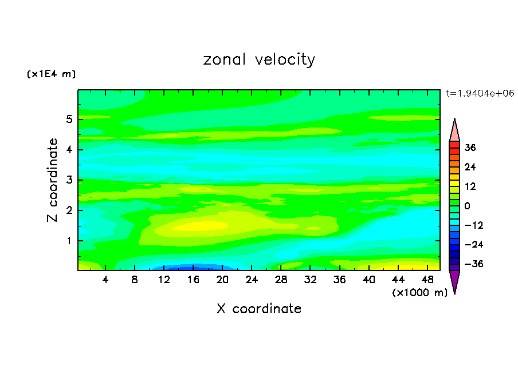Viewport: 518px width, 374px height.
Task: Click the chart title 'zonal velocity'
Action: coord(259,59)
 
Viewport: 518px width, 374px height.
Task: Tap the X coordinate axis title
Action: coord(259,309)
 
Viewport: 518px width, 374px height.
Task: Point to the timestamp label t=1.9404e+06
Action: coord(480,93)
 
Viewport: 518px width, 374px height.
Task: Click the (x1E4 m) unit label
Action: coord(51,74)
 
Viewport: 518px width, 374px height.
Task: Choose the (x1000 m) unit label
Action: coord(419,293)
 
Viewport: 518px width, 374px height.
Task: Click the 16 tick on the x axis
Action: coord(193,280)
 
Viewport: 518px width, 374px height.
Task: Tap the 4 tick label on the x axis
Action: coord(106,280)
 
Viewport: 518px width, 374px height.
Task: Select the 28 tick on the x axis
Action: coord(280,280)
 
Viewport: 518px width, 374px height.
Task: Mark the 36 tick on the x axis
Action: coord(339,280)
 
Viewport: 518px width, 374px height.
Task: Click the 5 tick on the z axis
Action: coord(69,120)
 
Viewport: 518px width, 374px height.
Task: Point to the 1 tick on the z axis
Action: coord(69,241)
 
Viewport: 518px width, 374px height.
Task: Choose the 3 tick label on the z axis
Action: coord(69,180)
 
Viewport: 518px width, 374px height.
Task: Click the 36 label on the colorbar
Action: coord(470,148)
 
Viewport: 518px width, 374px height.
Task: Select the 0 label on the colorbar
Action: coord(468,206)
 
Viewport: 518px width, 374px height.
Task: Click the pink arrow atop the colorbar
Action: coord(454,130)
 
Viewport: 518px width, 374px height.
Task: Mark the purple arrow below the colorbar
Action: coord(454,281)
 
